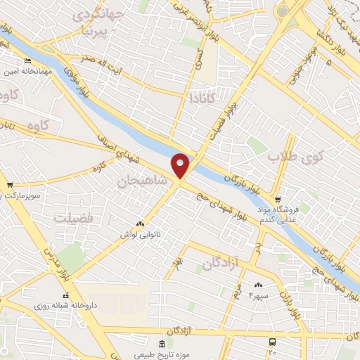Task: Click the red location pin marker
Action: (181, 165)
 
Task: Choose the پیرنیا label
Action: (96, 31)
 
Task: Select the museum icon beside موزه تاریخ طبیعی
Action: (163, 344)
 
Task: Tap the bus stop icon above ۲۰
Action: (273, 341)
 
